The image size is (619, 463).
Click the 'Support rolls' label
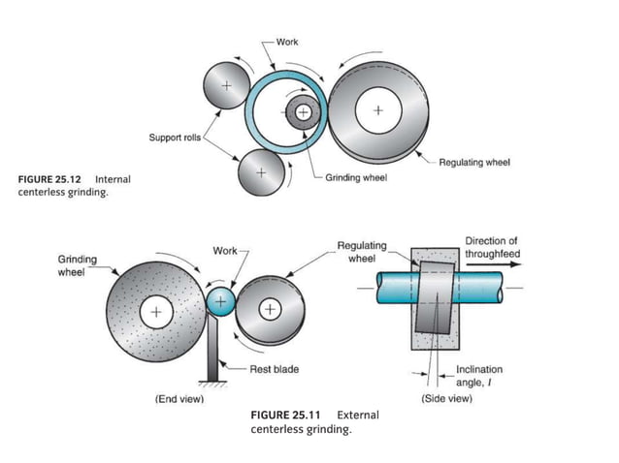[x=175, y=138]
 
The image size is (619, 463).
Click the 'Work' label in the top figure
[x=287, y=42]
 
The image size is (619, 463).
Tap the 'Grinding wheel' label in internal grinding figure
[x=355, y=180]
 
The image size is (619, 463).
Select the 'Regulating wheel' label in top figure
[x=474, y=162]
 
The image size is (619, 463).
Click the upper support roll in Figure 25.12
[x=226, y=86]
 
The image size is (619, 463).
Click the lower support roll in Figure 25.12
[x=261, y=172]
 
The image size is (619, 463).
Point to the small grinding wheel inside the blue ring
[x=304, y=112]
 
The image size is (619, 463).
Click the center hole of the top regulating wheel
[x=377, y=109]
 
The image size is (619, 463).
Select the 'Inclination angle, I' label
[x=479, y=376]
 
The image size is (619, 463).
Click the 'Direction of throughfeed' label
[x=491, y=247]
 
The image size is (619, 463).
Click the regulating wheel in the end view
[x=271, y=310]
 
